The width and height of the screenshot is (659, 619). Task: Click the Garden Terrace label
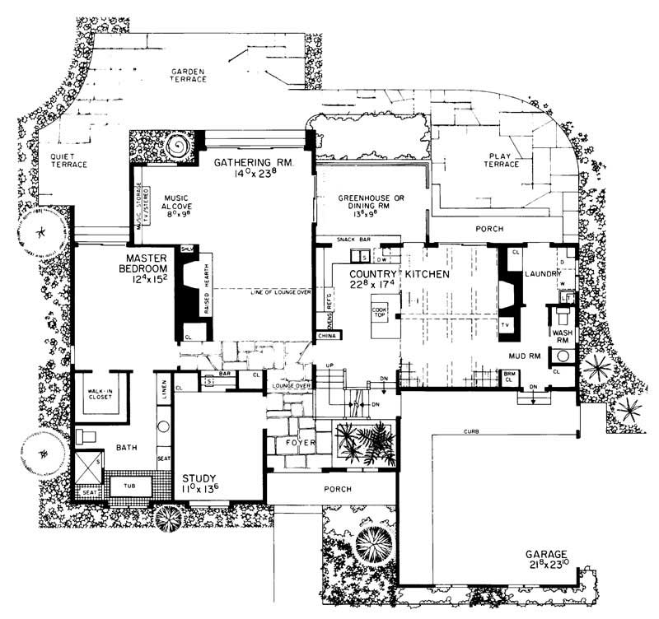coord(189,77)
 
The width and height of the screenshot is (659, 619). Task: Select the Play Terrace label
coord(504,159)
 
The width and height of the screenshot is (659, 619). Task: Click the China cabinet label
coord(326,336)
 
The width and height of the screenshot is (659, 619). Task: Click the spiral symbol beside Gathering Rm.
coord(177,149)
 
